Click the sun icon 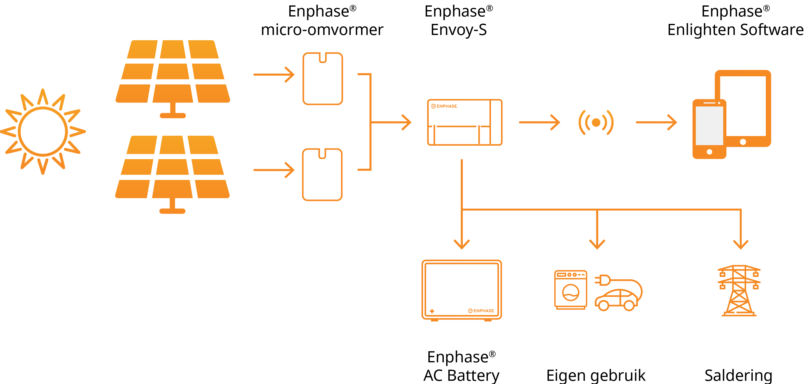click(x=43, y=132)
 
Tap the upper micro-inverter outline click(x=323, y=79)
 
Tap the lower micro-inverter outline click(x=322, y=175)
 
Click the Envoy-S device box click(x=465, y=122)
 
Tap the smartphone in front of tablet click(x=709, y=129)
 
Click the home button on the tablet click(x=743, y=142)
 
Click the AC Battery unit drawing click(x=462, y=290)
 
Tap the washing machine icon click(x=571, y=290)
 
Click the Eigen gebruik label click(x=595, y=375)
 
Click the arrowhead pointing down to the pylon click(x=741, y=244)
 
